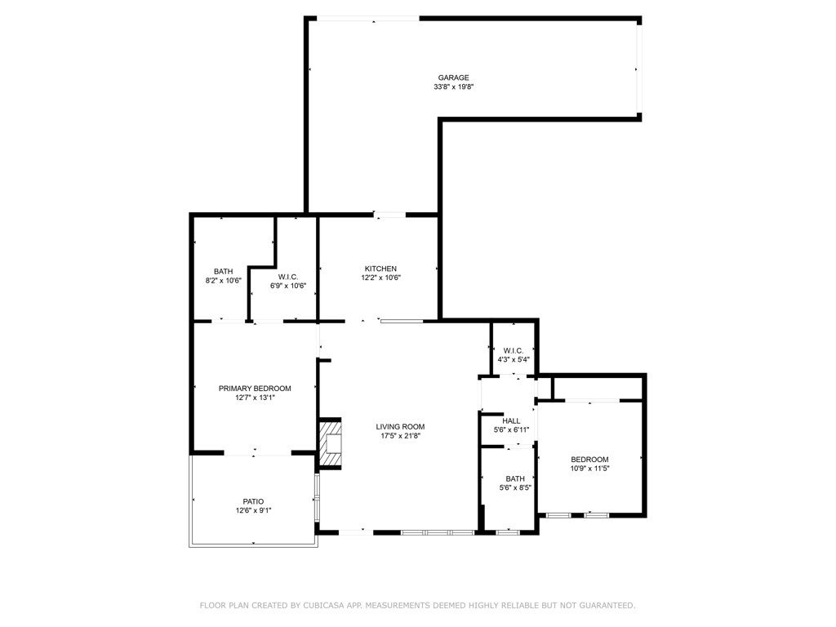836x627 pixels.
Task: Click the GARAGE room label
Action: (454, 78)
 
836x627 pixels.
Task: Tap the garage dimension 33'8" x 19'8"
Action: (454, 87)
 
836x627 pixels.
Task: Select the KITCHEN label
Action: (380, 269)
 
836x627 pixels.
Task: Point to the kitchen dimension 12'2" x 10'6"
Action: (380, 278)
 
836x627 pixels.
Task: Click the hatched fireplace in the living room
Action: (330, 443)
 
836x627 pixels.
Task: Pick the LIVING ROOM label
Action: (400, 426)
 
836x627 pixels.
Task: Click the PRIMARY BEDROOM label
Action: (255, 388)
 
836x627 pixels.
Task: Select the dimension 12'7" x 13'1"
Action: (255, 398)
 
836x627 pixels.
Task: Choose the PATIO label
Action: (253, 501)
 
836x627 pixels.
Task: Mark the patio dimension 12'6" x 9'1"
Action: (253, 510)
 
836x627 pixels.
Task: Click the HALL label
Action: (511, 420)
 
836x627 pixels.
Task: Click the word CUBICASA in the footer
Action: (323, 605)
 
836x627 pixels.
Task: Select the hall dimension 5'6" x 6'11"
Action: (511, 429)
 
